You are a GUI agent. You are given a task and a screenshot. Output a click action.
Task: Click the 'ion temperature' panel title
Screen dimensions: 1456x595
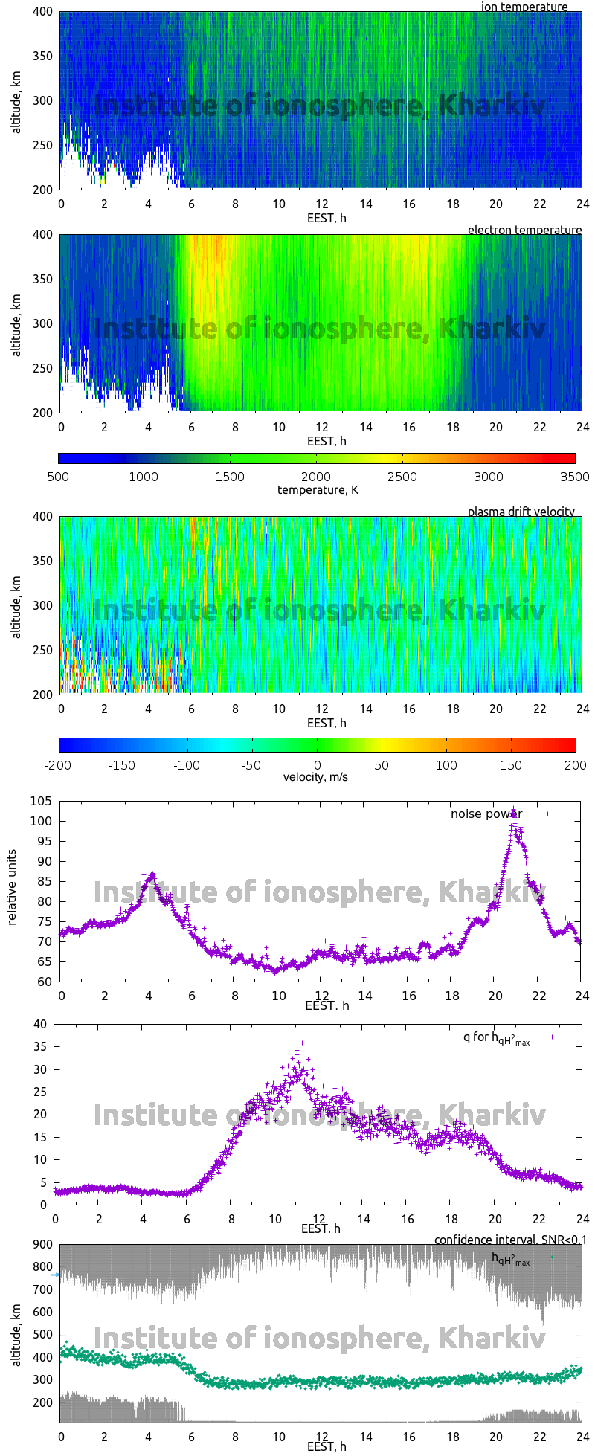(x=524, y=7)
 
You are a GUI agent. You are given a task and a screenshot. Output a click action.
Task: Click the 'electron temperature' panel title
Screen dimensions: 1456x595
(x=524, y=230)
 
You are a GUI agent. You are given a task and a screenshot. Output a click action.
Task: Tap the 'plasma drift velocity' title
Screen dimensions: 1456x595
(x=521, y=512)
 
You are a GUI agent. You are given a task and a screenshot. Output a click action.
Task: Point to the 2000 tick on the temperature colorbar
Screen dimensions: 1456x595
(x=316, y=477)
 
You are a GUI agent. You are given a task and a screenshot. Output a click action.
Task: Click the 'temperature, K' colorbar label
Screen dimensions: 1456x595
(x=318, y=489)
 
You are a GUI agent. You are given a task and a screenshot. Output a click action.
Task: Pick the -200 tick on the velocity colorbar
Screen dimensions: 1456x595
(x=59, y=764)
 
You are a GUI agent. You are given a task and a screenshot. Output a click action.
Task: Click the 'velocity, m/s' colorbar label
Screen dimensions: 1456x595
(x=315, y=777)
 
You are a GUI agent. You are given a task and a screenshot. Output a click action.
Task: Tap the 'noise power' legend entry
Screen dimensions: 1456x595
(x=486, y=814)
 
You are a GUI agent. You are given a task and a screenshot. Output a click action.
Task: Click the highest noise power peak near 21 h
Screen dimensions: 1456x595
(x=513, y=809)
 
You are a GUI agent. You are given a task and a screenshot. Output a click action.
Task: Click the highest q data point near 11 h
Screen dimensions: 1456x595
(x=302, y=1043)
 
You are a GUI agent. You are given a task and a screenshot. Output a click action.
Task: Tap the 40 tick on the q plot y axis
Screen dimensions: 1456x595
(x=40, y=1025)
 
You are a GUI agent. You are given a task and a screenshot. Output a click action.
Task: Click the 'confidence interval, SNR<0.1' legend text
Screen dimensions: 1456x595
(x=510, y=1240)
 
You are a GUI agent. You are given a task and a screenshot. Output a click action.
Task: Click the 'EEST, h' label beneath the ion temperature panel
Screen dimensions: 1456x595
(x=327, y=218)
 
